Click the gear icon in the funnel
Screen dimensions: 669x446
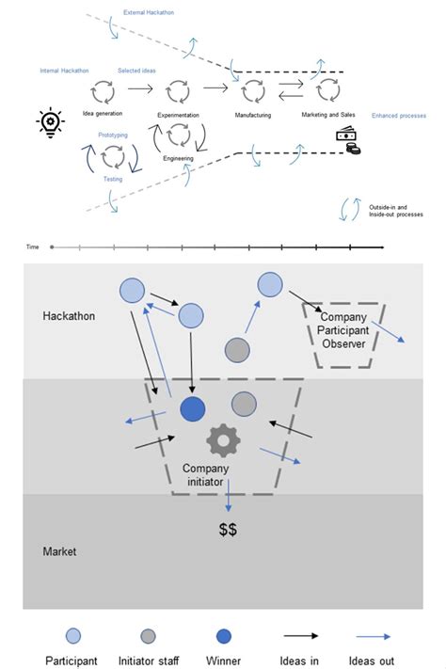click(x=223, y=438)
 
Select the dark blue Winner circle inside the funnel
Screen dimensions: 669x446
click(x=193, y=409)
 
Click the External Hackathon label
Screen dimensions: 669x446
click(x=149, y=13)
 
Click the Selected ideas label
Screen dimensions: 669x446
click(x=136, y=71)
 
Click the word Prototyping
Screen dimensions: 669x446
click(x=113, y=135)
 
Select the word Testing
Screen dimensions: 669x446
click(x=113, y=179)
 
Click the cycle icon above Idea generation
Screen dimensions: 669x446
click(x=102, y=91)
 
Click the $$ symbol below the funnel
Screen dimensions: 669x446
click(x=228, y=530)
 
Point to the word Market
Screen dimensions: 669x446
click(x=60, y=551)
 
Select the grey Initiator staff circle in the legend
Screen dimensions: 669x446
click(x=148, y=635)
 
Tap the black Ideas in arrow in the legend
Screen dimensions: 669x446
click(x=299, y=635)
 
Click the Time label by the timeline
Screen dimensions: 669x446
click(x=33, y=247)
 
